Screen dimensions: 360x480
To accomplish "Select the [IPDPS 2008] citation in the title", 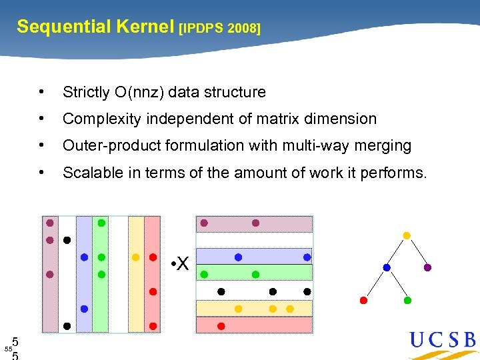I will click(x=220, y=28).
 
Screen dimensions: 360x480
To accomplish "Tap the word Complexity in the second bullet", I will click(x=101, y=119).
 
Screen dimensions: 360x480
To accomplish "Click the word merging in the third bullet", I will click(x=383, y=145).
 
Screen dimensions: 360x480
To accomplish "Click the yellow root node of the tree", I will click(x=407, y=235).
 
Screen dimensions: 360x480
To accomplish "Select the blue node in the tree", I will click(x=387, y=267).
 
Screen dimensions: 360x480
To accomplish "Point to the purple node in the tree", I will click(x=427, y=267).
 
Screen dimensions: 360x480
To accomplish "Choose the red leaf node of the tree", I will click(x=363, y=300).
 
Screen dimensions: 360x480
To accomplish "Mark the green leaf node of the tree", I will click(x=407, y=300).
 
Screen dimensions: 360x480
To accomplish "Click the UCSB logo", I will click(x=443, y=341).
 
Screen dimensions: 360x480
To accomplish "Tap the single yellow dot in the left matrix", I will click(x=135, y=257).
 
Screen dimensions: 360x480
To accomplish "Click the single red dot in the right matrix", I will click(x=221, y=326).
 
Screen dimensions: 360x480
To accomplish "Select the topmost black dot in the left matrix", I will click(x=67, y=239).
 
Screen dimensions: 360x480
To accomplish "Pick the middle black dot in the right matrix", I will click(x=273, y=291).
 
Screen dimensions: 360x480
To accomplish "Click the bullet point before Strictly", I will click(x=42, y=92).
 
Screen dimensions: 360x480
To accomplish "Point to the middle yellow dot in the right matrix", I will click(x=273, y=309).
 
